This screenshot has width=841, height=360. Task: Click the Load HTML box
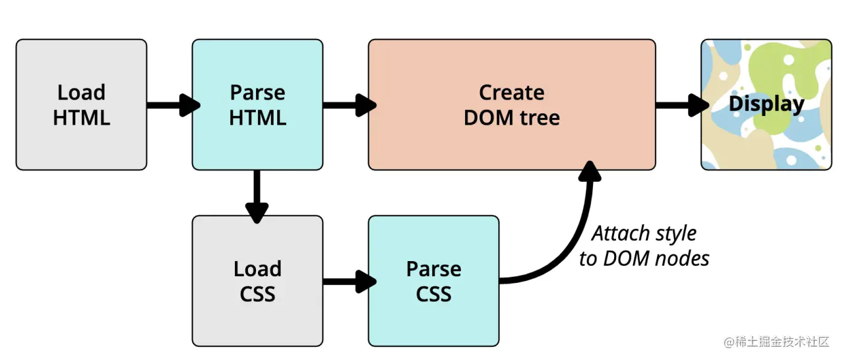(x=81, y=105)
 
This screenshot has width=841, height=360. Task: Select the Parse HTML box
(x=257, y=105)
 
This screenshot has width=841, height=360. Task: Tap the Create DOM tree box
(x=512, y=105)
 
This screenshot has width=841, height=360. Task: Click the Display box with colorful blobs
(x=766, y=105)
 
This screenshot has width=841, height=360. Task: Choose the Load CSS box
(x=257, y=281)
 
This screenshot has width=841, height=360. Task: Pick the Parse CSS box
(x=433, y=281)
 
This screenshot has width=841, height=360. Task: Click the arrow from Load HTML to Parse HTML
(x=171, y=105)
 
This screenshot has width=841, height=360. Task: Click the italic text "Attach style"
(x=644, y=234)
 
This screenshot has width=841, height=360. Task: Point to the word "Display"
(x=766, y=104)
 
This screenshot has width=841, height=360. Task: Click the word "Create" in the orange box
(x=512, y=92)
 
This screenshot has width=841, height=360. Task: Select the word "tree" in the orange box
(x=539, y=118)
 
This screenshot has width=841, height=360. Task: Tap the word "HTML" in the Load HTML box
(x=81, y=118)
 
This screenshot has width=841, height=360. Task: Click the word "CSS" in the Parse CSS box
(x=433, y=294)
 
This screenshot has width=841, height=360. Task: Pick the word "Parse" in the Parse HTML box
(x=257, y=92)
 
